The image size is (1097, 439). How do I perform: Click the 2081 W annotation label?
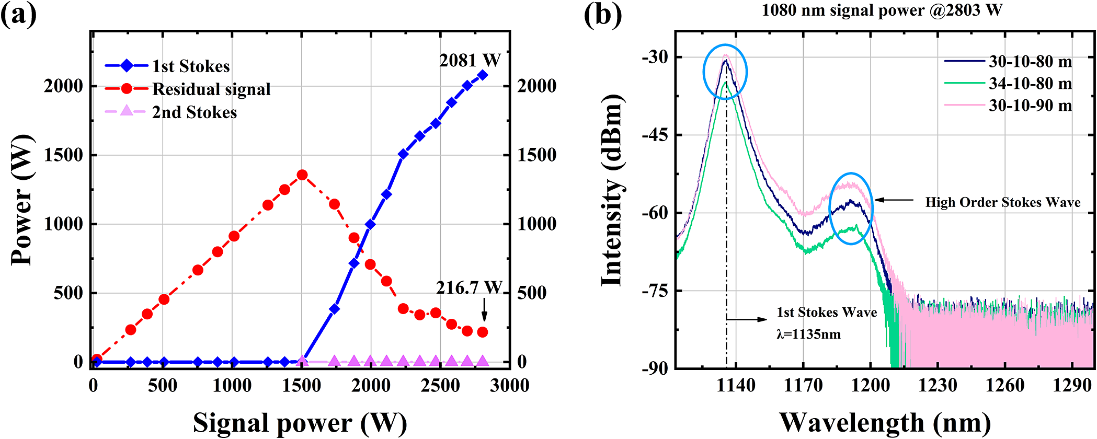pyautogui.click(x=470, y=61)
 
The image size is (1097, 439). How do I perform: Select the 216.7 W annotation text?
pyautogui.click(x=469, y=287)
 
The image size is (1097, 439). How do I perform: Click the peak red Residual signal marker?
pyautogui.click(x=302, y=175)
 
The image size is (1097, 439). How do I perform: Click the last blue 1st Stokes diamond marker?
pyautogui.click(x=482, y=75)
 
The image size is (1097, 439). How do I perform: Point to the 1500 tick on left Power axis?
pyautogui.click(x=64, y=155)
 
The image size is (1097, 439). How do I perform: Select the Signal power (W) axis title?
pyautogui.click(x=300, y=422)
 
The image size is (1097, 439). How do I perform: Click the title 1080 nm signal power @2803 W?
pyautogui.click(x=882, y=10)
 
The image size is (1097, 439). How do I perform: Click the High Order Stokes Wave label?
pyautogui.click(x=1002, y=202)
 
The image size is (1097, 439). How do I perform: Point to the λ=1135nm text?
pyautogui.click(x=808, y=334)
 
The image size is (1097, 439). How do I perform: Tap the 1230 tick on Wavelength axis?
pyautogui.click(x=938, y=386)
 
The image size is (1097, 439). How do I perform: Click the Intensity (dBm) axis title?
pyautogui.click(x=612, y=191)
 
